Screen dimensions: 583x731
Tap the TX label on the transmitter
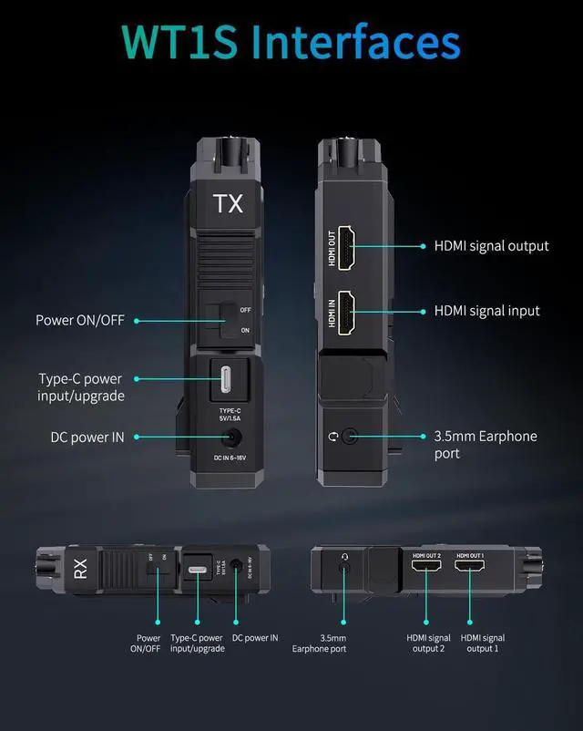point(228,203)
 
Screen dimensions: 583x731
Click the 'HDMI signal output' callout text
point(491,246)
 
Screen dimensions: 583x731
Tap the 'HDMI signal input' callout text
point(486,311)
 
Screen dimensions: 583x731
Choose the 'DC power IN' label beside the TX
point(87,438)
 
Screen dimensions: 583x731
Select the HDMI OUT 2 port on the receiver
point(426,569)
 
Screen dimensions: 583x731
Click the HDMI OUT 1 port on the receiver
point(471,569)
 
